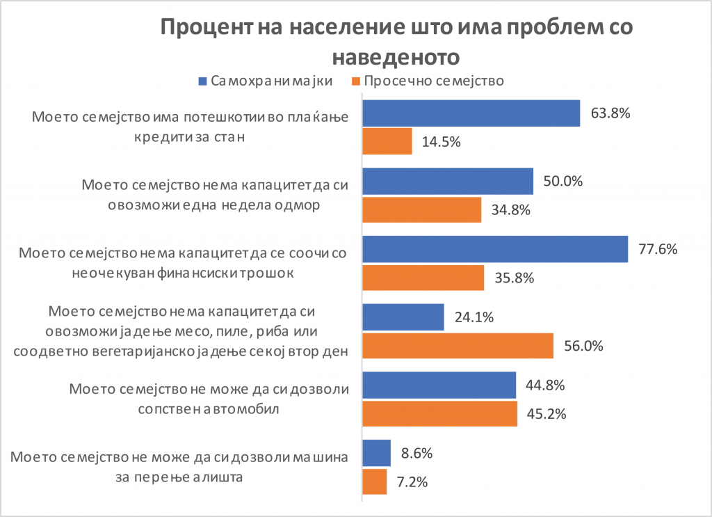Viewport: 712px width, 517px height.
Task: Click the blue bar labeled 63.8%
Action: click(x=471, y=113)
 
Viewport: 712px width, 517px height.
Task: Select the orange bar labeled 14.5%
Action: click(x=387, y=141)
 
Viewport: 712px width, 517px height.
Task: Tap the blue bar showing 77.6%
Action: click(x=495, y=249)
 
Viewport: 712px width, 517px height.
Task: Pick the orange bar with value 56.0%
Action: click(x=458, y=346)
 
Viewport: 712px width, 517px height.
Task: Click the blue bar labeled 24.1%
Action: click(x=403, y=317)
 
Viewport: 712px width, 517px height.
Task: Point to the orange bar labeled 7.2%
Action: click(x=375, y=482)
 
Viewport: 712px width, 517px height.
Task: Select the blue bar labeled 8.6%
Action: click(x=377, y=454)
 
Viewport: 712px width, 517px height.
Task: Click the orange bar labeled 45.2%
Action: click(x=440, y=413)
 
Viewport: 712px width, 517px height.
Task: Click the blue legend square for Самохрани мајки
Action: click(x=202, y=80)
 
